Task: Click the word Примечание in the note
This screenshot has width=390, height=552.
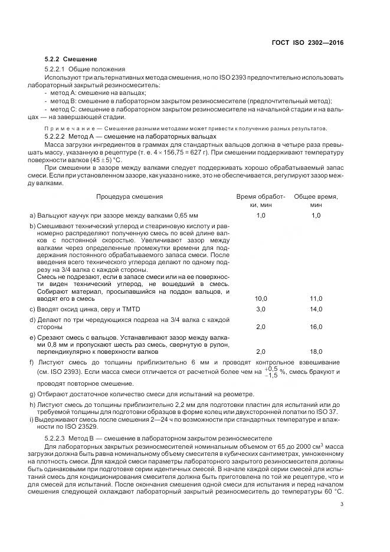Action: [x=66, y=129]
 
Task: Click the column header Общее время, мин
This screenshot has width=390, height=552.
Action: [x=316, y=200]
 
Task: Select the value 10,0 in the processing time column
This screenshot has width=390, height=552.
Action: [x=261, y=299]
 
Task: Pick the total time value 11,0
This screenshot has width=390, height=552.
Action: [x=316, y=299]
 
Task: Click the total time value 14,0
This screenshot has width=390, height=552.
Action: [x=316, y=310]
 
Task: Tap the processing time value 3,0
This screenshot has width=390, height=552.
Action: [x=261, y=310]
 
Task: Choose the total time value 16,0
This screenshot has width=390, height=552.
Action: [x=316, y=327]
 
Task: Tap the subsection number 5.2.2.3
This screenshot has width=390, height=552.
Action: [x=57, y=438]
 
